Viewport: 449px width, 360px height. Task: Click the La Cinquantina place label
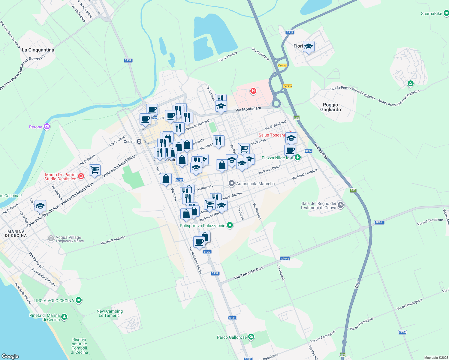[38, 50]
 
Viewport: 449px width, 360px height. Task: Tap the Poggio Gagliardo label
[330, 107]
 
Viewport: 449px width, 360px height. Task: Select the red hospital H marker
[253, 91]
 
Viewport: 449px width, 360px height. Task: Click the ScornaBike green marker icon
[446, 13]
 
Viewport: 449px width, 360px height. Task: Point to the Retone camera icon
[47, 127]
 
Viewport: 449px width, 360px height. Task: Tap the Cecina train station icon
[139, 142]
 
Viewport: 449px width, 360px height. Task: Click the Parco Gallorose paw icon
[251, 337]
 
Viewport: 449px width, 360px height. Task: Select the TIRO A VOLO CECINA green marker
[79, 300]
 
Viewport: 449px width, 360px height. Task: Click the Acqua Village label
[68, 238]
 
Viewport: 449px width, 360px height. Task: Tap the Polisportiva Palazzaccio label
[202, 226]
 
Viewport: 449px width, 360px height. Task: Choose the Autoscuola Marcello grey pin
[231, 183]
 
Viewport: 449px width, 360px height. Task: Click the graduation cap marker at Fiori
[309, 47]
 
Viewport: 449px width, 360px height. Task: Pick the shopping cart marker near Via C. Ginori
[95, 170]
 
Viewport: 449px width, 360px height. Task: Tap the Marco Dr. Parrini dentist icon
[81, 176]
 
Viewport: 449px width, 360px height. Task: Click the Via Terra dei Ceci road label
[249, 273]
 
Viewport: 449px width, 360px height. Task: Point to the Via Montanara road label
[248, 109]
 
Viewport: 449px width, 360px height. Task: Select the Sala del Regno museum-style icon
[340, 205]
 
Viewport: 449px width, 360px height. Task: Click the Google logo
[10, 356]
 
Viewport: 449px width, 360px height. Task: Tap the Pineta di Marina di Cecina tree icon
[64, 317]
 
